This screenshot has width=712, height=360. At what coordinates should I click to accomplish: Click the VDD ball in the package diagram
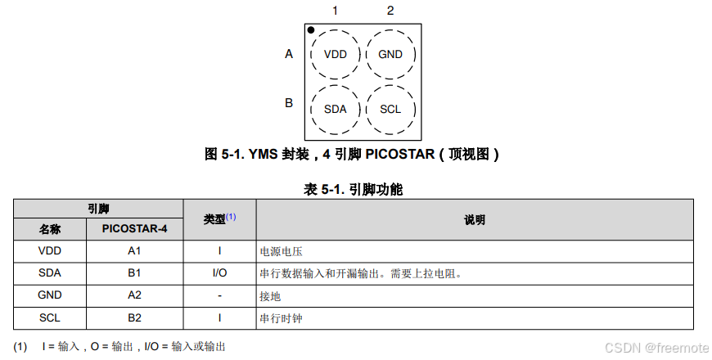tap(336, 55)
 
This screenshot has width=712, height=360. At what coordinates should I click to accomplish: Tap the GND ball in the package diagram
tap(390, 55)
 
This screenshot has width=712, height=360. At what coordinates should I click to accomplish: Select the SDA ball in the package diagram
tap(336, 109)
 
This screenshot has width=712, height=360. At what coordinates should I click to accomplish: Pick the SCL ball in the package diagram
tap(390, 109)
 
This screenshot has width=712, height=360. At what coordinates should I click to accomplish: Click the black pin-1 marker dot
tap(311, 30)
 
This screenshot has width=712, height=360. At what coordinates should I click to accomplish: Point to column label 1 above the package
tap(335, 11)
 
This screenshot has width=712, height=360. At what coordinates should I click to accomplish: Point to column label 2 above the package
tap(390, 11)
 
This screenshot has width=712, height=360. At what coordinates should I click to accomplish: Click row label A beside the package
tap(289, 55)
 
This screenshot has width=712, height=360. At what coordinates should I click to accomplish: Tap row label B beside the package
tap(289, 103)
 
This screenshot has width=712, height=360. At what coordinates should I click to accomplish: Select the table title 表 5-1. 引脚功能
tap(354, 190)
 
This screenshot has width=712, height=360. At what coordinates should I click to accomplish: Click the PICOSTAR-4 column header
tap(135, 229)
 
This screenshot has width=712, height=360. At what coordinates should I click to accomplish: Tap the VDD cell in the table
tap(50, 251)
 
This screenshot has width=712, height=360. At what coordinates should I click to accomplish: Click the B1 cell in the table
tap(135, 273)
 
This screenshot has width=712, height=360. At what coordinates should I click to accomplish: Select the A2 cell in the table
tap(135, 295)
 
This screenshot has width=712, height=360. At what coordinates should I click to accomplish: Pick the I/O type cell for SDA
tap(219, 273)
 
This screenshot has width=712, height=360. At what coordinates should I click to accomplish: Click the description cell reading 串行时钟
tap(281, 317)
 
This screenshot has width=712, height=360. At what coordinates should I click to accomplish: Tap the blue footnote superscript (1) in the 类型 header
tap(231, 217)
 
